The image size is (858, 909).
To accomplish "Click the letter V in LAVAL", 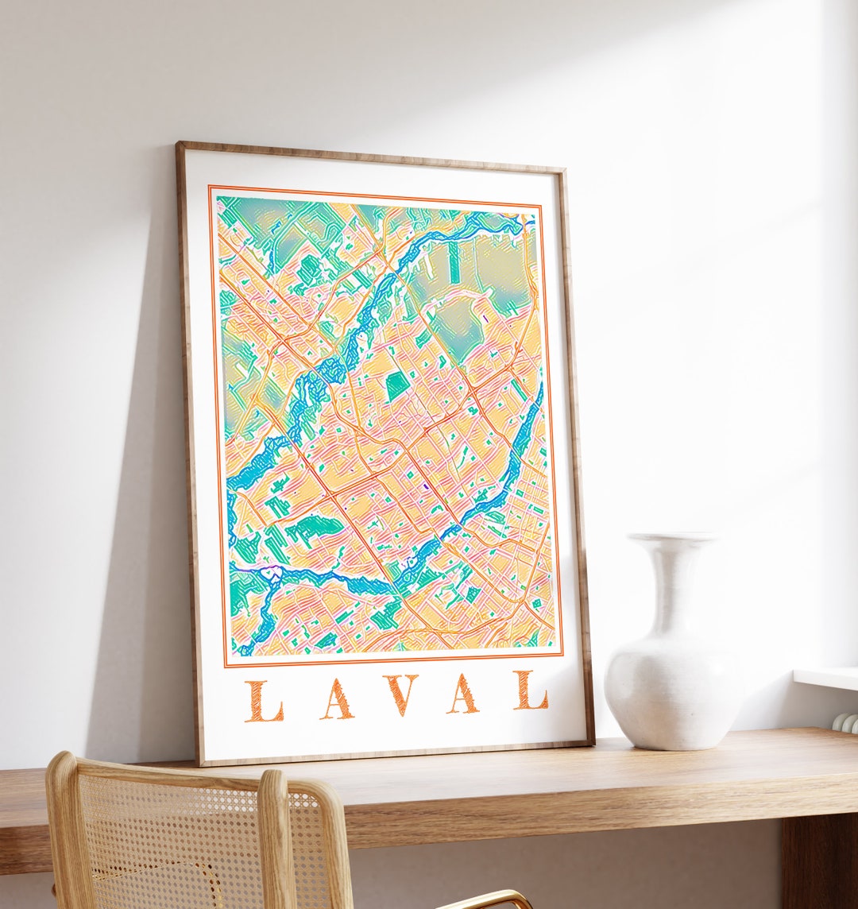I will click(x=400, y=695).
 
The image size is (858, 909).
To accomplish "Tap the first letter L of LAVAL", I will click(x=264, y=702).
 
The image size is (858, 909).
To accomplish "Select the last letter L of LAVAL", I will click(x=531, y=690).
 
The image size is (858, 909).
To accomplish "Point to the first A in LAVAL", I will click(x=336, y=699).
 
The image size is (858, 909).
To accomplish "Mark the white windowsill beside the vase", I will click(x=826, y=678).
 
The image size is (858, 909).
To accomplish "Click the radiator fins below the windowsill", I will click(x=847, y=721).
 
